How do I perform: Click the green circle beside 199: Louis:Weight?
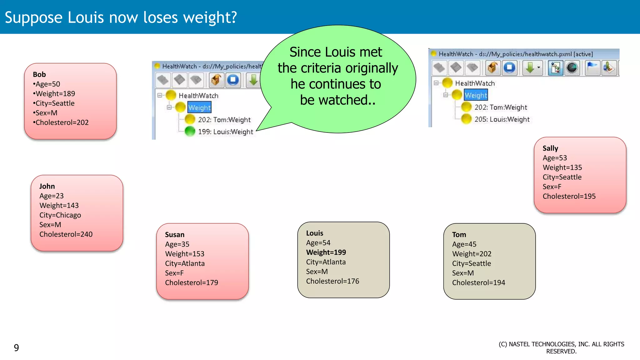pos(190,131)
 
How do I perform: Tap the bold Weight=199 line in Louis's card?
pos(326,252)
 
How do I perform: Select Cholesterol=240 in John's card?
pos(66,234)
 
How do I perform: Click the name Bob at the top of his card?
pos(39,74)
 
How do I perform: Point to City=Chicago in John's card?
pos(60,215)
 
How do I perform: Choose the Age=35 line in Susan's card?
pos(177,244)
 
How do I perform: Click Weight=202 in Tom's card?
pos(472,254)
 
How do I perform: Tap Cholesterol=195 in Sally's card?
pos(569,196)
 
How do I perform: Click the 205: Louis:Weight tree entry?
pos(502,119)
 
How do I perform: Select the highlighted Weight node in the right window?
pos(476,95)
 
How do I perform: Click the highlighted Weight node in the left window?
pos(199,107)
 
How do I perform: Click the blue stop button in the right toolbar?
pos(510,67)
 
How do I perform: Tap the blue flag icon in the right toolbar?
pos(592,67)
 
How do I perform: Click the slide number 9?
pos(17,347)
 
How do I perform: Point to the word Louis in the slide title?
pos(86,17)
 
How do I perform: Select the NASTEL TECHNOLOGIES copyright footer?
pos(561,347)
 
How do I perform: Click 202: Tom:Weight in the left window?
pos(224,120)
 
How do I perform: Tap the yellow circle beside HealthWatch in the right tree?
pos(447,83)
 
